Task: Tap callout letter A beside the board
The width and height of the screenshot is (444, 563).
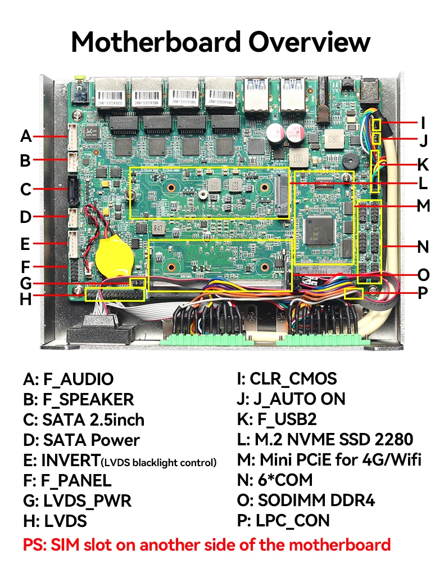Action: point(25,136)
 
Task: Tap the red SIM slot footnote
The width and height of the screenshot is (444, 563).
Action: point(206,544)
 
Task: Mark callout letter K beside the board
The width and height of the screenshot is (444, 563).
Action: point(423,165)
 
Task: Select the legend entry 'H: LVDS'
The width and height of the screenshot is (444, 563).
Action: point(55,521)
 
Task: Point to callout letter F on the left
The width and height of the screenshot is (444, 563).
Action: point(26,265)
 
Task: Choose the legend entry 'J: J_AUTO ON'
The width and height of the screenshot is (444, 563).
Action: point(291,399)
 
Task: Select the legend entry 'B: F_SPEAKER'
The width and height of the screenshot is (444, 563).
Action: point(79,399)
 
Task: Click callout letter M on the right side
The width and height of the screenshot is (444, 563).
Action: point(423,206)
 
